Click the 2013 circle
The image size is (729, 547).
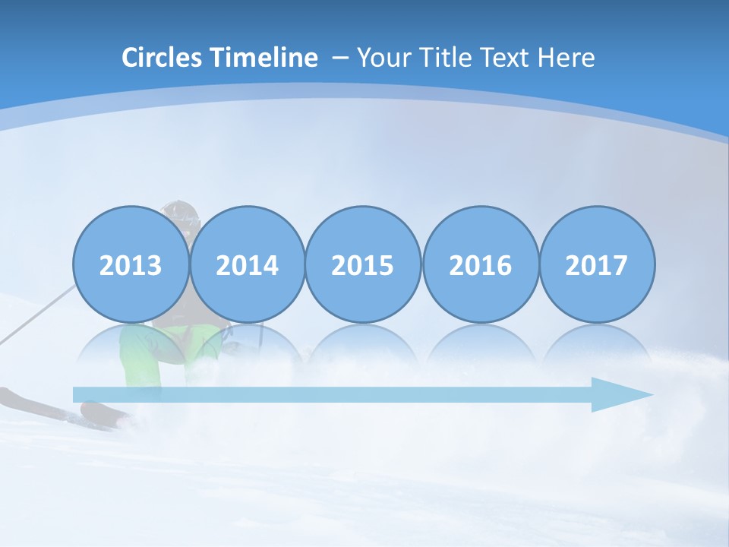[x=131, y=265]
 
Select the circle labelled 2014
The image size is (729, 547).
[x=247, y=265]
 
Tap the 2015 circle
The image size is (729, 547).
[x=363, y=265]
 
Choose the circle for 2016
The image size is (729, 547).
[x=480, y=265]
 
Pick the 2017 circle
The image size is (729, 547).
[x=597, y=265]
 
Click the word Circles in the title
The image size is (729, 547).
[x=163, y=58]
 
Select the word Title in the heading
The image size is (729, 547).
[x=446, y=58]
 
